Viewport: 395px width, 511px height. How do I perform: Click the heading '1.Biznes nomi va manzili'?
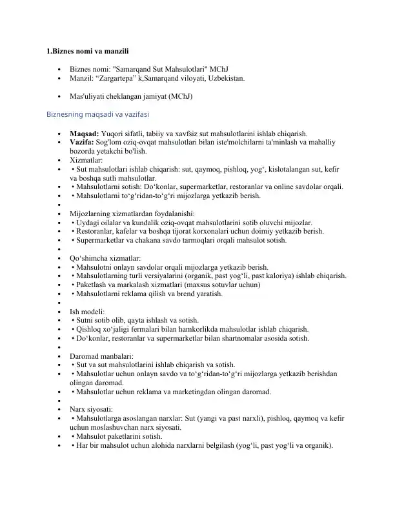[x=90, y=50]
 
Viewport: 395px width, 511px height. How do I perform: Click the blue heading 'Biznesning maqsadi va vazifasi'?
[x=97, y=114]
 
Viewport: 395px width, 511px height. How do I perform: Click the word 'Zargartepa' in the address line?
[x=120, y=77]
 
